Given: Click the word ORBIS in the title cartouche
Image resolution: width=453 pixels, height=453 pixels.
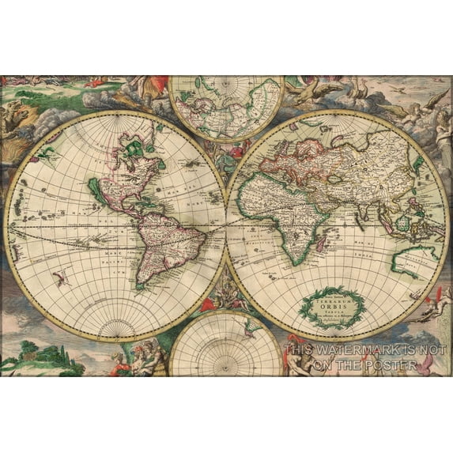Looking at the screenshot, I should click(331, 305).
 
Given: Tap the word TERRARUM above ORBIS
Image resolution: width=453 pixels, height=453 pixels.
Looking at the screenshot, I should click(331, 298).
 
